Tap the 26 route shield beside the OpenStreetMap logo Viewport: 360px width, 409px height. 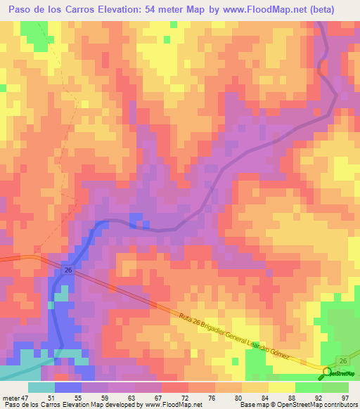342,360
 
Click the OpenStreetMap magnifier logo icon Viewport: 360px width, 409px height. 328,372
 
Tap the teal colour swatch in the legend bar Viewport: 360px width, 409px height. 41,387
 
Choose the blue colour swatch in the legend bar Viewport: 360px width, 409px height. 67,387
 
